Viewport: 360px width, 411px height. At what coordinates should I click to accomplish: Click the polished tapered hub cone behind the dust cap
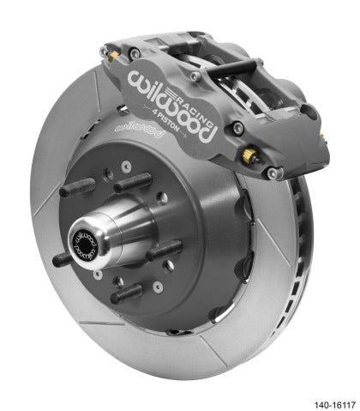116,232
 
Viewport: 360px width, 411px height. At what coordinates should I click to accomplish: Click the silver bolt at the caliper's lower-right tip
273,174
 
